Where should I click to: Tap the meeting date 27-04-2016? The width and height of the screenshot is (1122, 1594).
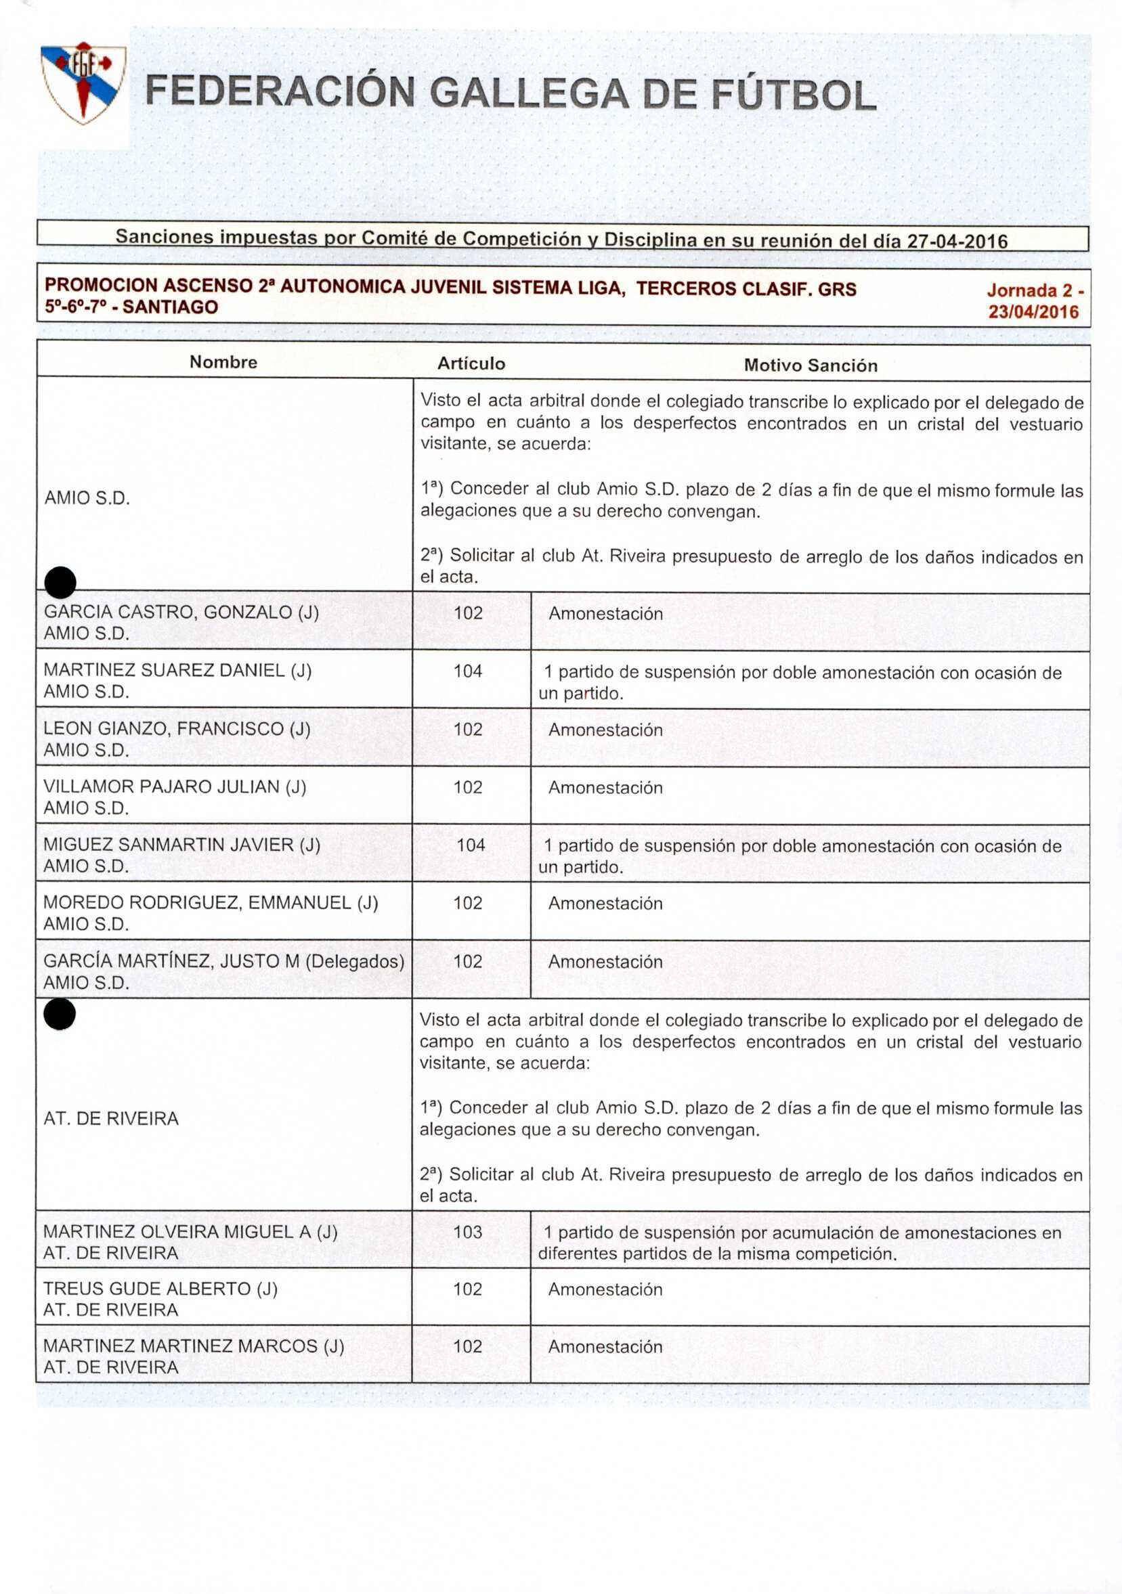click(957, 242)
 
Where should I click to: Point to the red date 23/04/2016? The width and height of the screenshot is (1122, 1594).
click(1033, 312)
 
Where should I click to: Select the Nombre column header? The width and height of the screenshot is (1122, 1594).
click(223, 362)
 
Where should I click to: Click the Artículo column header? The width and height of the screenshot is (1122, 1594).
click(471, 363)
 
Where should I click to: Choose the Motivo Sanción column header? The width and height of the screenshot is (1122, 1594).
click(810, 366)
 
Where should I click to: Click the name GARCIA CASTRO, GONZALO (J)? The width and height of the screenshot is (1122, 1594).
click(181, 613)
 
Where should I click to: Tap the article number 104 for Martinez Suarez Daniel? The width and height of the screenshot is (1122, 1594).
click(468, 671)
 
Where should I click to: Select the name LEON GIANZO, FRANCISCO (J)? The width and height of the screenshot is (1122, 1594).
click(177, 729)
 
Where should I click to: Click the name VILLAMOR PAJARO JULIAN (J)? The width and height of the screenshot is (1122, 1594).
click(175, 787)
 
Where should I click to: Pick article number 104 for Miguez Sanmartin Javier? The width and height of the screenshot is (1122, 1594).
click(471, 845)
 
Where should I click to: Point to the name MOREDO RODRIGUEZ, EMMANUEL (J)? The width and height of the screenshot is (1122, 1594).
click(211, 902)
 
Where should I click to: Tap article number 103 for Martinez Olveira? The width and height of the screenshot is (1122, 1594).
click(468, 1232)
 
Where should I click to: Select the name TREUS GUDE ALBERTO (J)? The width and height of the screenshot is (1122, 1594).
click(160, 1289)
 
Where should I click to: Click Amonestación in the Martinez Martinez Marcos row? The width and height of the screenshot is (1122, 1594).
click(605, 1347)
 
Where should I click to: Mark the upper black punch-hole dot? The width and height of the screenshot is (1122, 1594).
click(60, 582)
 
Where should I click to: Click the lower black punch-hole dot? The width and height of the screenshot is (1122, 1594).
click(60, 1015)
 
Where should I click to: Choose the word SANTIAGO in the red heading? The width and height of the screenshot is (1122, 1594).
click(170, 307)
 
